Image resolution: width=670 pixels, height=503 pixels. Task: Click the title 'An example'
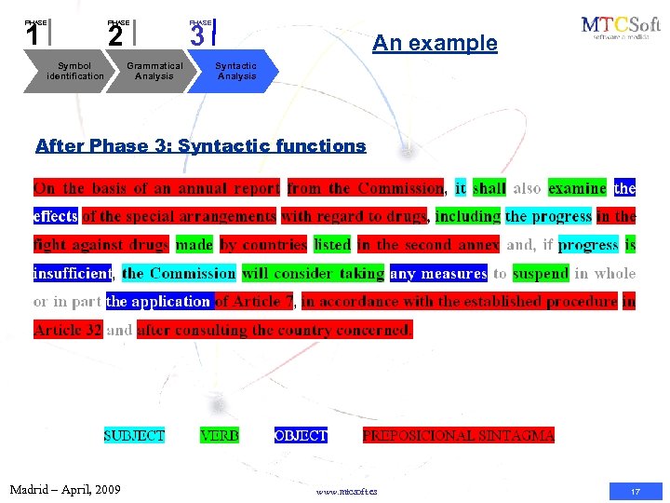435,43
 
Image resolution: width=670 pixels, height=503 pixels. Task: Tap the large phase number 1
33,36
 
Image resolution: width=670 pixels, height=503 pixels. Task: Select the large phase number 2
114,36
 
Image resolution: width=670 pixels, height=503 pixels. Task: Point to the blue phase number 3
197,36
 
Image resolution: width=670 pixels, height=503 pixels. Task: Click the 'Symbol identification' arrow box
74,71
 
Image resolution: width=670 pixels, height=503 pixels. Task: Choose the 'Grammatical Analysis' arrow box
154,71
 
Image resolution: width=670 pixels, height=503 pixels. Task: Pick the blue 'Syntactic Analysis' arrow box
235,71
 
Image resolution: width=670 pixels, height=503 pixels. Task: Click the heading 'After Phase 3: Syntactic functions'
200,146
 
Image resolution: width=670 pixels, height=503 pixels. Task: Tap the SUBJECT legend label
134,435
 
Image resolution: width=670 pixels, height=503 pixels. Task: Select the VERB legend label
220,435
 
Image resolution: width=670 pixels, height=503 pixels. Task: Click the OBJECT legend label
301,435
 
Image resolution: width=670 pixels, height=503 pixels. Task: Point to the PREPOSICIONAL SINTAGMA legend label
458,435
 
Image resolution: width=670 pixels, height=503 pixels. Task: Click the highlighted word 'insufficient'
73,274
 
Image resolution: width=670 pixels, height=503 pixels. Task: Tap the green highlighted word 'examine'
577,188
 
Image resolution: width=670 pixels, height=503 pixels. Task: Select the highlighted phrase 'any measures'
438,274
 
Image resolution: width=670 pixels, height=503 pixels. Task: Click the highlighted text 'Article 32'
68,330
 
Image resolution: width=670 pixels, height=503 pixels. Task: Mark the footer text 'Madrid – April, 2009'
65,489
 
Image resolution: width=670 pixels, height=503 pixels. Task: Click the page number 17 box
636,491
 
